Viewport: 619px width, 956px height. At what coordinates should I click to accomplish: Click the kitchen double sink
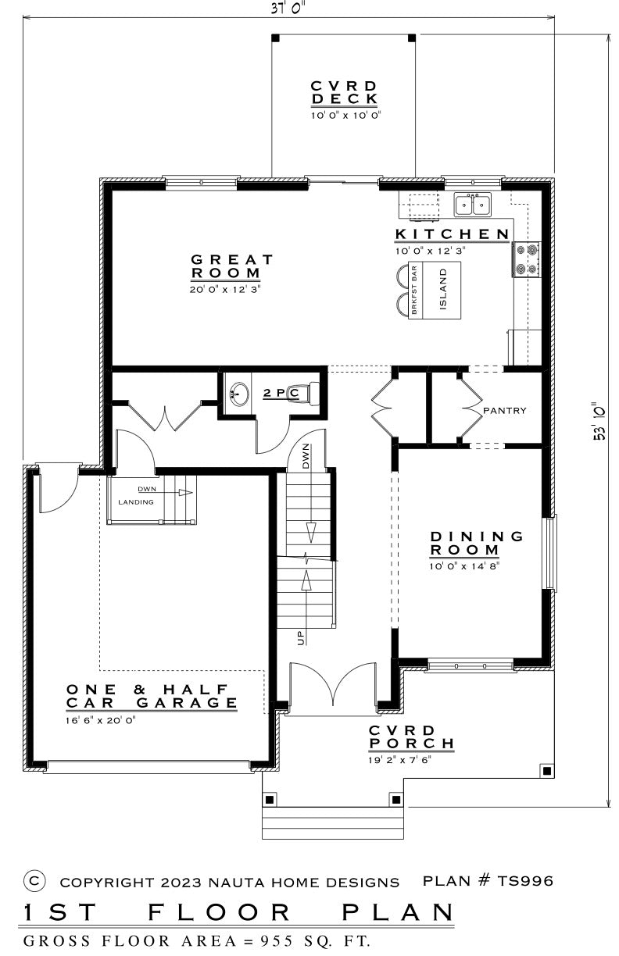[x=473, y=204]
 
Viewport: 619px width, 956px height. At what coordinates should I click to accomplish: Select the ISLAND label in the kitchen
[x=442, y=288]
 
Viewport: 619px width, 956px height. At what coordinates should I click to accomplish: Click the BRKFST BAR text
[x=414, y=290]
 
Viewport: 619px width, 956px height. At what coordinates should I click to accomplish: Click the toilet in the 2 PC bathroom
[x=307, y=393]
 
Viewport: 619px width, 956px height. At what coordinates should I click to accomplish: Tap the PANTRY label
[x=504, y=411]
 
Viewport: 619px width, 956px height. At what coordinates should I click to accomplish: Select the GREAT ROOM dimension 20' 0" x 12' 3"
[x=225, y=289]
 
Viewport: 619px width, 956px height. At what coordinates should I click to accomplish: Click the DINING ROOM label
[x=476, y=543]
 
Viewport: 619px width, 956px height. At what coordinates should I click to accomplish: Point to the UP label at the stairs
[x=301, y=637]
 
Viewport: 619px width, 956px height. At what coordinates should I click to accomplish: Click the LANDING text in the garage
[x=136, y=502]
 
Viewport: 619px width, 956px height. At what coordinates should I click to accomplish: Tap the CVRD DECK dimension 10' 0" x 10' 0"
[x=345, y=116]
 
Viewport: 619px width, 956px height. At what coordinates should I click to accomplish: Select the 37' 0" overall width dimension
[x=288, y=9]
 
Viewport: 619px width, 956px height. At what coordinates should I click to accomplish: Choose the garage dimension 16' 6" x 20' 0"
[x=100, y=720]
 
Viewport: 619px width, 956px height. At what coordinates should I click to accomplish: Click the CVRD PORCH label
[x=411, y=737]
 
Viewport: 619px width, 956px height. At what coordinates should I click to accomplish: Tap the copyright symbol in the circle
[x=34, y=881]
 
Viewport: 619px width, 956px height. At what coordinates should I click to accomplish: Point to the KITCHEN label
[x=453, y=234]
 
